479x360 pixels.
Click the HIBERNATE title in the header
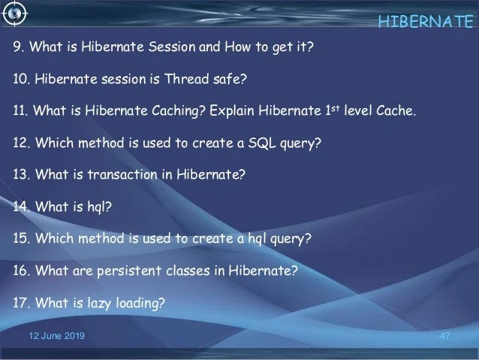coord(426,21)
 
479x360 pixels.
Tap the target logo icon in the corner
coord(14,14)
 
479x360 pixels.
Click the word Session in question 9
coord(172,47)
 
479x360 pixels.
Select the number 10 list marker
coord(21,79)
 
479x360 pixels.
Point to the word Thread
coord(187,79)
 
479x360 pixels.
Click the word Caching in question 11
coord(179,110)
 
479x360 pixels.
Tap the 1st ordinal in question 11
coord(333,110)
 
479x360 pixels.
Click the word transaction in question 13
coord(122,174)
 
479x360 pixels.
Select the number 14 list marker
coord(21,207)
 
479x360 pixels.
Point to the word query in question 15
coord(291,239)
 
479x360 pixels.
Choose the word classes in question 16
coord(188,271)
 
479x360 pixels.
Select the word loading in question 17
coord(140,303)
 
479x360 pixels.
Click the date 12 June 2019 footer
coord(57,336)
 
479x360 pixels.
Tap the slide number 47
coord(444,336)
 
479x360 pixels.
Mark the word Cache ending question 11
coord(396,110)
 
